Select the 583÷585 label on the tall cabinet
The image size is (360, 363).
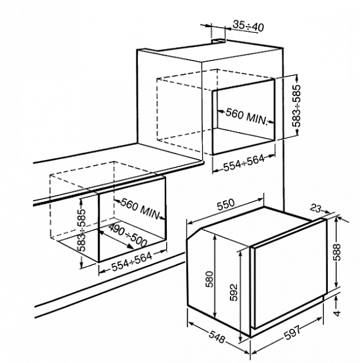click(x=296, y=106)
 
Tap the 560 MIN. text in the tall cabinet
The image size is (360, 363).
click(x=247, y=116)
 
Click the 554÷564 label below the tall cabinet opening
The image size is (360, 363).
click(x=243, y=163)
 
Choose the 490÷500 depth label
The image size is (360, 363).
click(x=128, y=235)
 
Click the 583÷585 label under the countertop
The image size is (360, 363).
click(x=81, y=230)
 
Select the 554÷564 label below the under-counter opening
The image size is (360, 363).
click(x=132, y=262)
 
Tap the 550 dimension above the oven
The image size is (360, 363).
click(x=225, y=204)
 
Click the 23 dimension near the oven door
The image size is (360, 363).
click(x=316, y=208)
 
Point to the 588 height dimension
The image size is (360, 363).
click(x=338, y=252)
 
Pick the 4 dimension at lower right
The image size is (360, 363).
click(x=338, y=313)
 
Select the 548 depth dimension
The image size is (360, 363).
click(x=217, y=337)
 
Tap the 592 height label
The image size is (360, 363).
click(x=234, y=292)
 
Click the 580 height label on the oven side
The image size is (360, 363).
click(x=209, y=279)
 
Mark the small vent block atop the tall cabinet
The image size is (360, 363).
click(x=218, y=41)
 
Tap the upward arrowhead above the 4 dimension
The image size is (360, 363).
click(x=337, y=299)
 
